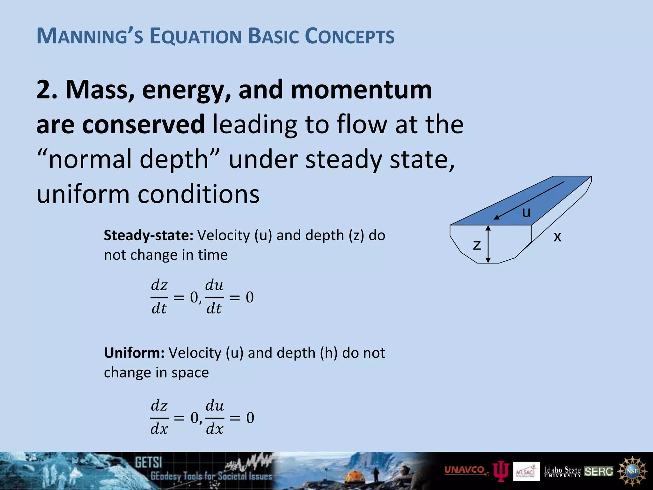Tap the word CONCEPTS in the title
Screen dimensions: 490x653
tap(350, 36)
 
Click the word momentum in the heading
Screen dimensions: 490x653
tap(361, 90)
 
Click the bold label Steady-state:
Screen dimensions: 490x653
tap(149, 235)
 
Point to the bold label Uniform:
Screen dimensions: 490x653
tap(134, 353)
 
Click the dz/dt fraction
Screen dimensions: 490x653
tap(159, 297)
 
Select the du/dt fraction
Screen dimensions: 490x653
tap(214, 297)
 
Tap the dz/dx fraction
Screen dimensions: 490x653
tap(159, 418)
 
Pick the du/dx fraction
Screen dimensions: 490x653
tap(215, 418)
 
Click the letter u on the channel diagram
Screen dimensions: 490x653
tap(526, 212)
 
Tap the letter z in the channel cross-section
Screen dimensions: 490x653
tap(477, 245)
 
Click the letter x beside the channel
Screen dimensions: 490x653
tap(557, 237)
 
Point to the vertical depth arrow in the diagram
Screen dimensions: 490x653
tap(488, 244)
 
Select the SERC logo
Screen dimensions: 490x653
tap(598, 471)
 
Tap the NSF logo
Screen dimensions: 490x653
tap(632, 471)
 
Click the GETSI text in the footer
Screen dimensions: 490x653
tap(148, 462)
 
